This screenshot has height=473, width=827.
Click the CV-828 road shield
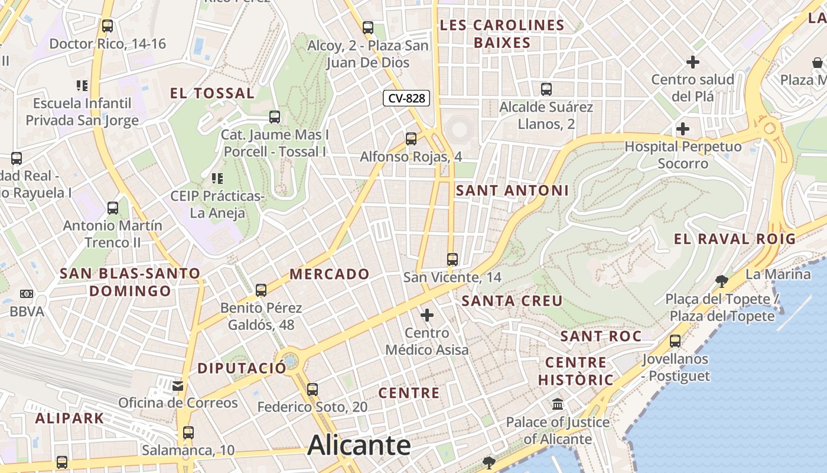(x=406, y=98)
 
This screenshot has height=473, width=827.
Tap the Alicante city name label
(x=359, y=445)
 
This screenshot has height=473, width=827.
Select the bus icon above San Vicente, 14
(x=452, y=259)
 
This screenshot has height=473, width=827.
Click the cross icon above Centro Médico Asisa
(x=426, y=315)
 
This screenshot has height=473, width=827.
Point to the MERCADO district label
(x=330, y=274)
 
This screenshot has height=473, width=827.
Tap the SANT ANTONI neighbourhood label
(x=512, y=190)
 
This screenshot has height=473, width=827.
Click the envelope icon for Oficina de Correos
(x=177, y=386)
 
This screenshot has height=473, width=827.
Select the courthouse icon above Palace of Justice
(x=558, y=405)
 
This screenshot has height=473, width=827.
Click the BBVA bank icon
(x=27, y=294)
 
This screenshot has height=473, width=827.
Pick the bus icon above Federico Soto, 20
(x=312, y=390)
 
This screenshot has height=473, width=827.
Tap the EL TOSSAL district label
(x=212, y=93)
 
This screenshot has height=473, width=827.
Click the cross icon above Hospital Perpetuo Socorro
(x=683, y=129)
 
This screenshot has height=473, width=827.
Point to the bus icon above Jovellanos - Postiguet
(x=675, y=341)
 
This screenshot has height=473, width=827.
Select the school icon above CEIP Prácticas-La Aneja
(x=217, y=178)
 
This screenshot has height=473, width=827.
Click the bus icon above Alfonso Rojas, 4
(x=411, y=139)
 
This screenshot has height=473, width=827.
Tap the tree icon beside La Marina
(x=721, y=280)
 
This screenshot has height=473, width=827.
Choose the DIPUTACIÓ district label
(x=242, y=368)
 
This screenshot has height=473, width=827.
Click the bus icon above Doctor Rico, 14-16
(x=107, y=26)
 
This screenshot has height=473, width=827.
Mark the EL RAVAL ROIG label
(x=735, y=239)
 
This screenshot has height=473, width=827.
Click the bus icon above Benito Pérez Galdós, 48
(x=261, y=290)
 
